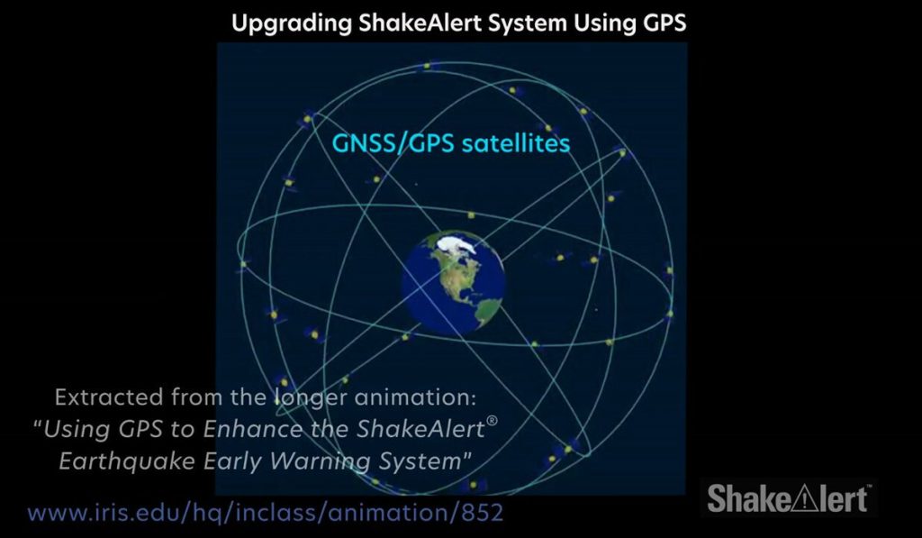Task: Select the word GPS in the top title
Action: [663, 23]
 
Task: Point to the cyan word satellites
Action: [517, 143]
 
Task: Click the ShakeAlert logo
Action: [789, 498]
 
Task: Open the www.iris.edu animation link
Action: [265, 514]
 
